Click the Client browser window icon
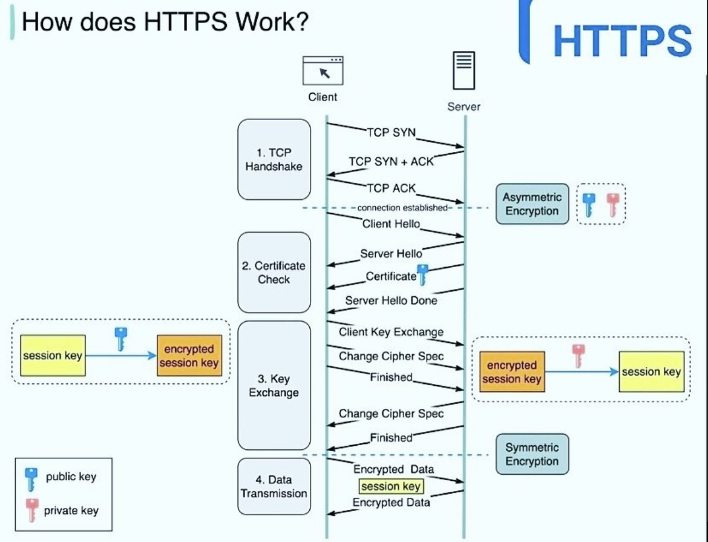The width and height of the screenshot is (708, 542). click(x=323, y=70)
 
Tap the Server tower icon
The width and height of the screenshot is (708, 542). click(x=464, y=71)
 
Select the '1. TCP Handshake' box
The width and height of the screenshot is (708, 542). click(x=274, y=159)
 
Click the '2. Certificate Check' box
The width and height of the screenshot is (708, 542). click(x=274, y=273)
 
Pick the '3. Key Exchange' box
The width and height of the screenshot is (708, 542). click(x=274, y=385)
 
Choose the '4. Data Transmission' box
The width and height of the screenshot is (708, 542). click(x=274, y=486)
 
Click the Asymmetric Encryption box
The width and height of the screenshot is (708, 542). click(x=532, y=204)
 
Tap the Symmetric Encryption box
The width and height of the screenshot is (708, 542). click(x=532, y=454)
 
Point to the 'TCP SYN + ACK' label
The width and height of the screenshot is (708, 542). click(x=391, y=162)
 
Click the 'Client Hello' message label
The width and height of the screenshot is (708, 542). click(x=391, y=223)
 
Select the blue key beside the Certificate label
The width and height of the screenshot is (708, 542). click(x=422, y=274)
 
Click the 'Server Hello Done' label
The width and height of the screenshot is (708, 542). click(x=391, y=300)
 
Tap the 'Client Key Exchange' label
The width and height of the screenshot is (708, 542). click(x=391, y=332)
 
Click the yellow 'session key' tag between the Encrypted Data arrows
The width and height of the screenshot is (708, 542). click(x=391, y=486)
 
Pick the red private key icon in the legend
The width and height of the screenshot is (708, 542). click(x=32, y=510)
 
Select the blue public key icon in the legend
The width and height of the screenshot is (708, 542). click(x=30, y=478)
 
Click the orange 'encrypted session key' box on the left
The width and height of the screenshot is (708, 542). click(x=189, y=356)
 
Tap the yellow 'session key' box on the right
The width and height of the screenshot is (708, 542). click(x=651, y=372)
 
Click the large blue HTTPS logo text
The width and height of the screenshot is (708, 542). click(x=622, y=41)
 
